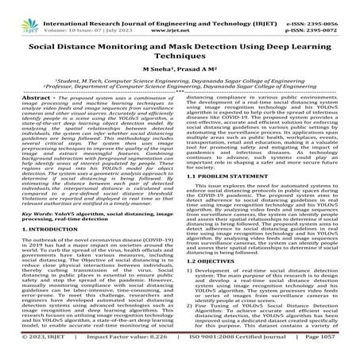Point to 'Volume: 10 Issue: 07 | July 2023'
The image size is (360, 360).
click(x=86, y=15)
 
